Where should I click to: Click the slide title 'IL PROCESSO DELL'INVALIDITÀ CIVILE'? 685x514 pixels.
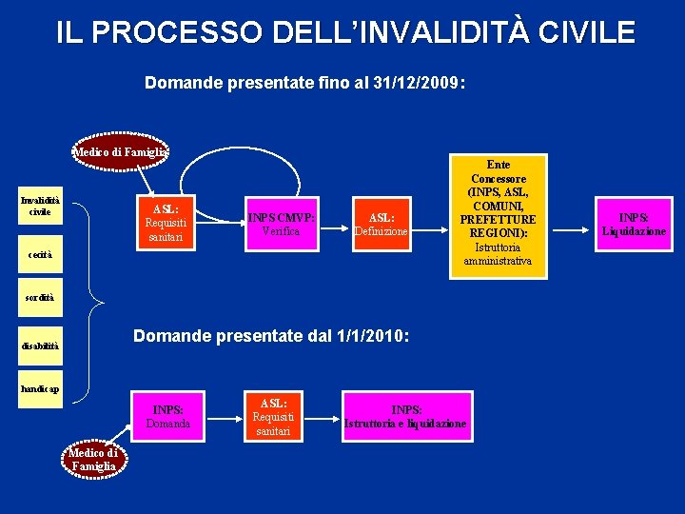[344, 32]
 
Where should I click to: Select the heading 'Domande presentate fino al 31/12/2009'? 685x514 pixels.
[304, 84]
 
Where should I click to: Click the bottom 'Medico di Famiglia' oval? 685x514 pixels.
[92, 460]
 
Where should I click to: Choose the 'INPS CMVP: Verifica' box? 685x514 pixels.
[281, 224]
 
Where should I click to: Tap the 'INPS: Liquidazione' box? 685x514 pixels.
[634, 224]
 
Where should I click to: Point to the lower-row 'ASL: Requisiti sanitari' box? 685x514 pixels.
[273, 416]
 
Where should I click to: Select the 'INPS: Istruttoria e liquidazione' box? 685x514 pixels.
[405, 416]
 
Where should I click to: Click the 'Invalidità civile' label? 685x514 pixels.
[40, 206]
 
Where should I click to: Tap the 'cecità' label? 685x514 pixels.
[40, 255]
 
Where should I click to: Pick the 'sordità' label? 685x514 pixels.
[40, 298]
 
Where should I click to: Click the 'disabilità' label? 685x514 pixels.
[40, 346]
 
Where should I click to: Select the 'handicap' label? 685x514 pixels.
[41, 389]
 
